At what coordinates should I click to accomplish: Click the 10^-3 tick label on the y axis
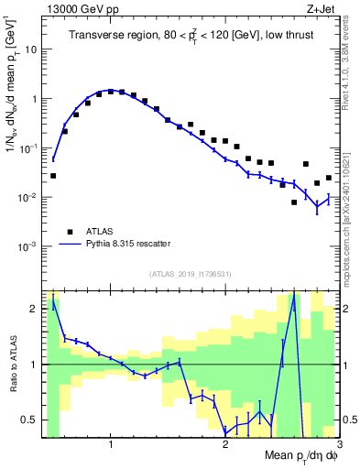click(x=28, y=246)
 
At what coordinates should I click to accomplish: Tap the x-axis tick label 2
click(x=225, y=444)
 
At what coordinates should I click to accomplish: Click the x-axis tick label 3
click(x=338, y=444)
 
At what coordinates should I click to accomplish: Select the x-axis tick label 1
click(x=111, y=444)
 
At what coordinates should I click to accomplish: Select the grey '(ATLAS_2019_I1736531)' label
click(x=190, y=274)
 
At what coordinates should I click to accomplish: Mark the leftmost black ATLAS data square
click(x=53, y=175)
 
